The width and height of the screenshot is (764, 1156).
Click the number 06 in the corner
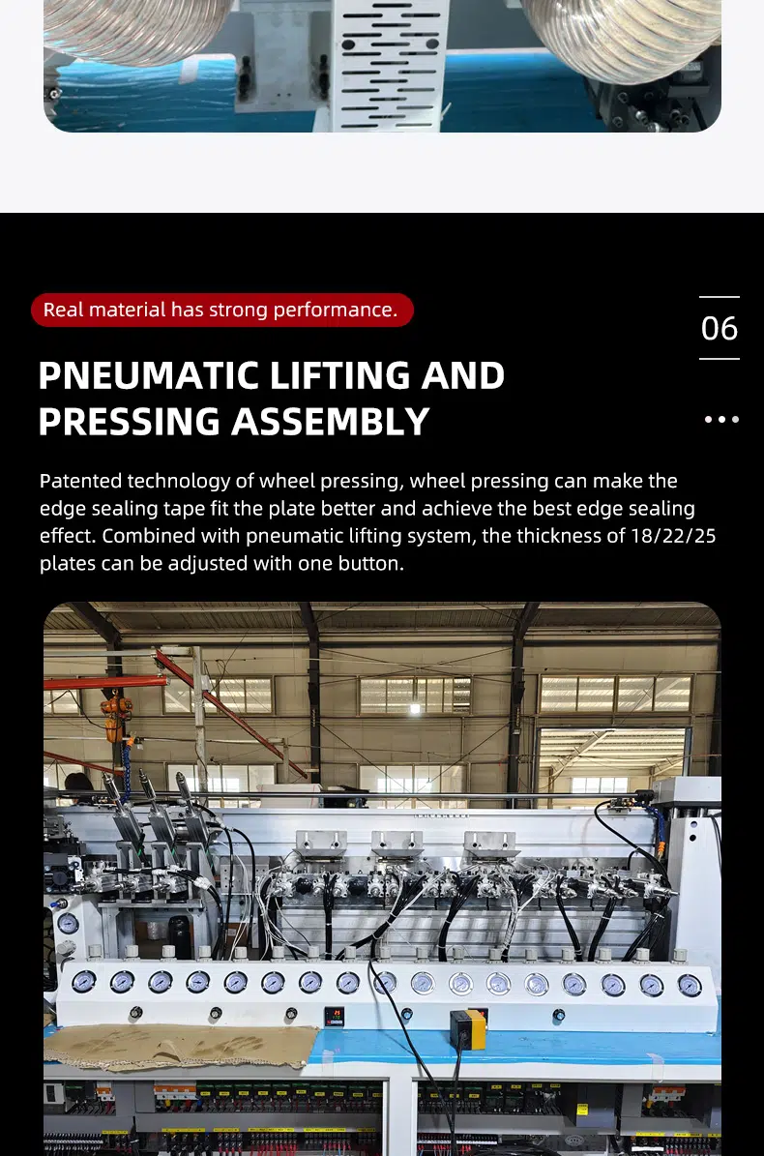pos(720,329)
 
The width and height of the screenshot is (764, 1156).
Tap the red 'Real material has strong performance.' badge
pos(221,310)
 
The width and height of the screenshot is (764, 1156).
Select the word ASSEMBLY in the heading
pos(331,422)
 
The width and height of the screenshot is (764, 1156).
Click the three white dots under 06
pos(721,420)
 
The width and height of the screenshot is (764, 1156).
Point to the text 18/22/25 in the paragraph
pos(673,536)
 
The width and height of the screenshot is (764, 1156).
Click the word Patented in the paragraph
pos(81,481)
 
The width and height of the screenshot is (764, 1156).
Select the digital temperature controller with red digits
pos(335,1016)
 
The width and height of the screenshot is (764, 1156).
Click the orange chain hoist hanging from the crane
pos(115,718)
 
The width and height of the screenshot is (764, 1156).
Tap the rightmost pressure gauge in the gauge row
pos(690,985)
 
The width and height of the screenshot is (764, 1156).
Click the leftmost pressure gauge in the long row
pos(83,981)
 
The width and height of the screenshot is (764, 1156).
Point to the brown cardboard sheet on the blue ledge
pos(182,1046)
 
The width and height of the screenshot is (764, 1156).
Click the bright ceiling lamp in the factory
pos(415,708)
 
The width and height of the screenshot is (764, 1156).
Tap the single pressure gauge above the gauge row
pos(68,923)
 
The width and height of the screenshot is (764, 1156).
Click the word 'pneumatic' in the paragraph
pos(294,536)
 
